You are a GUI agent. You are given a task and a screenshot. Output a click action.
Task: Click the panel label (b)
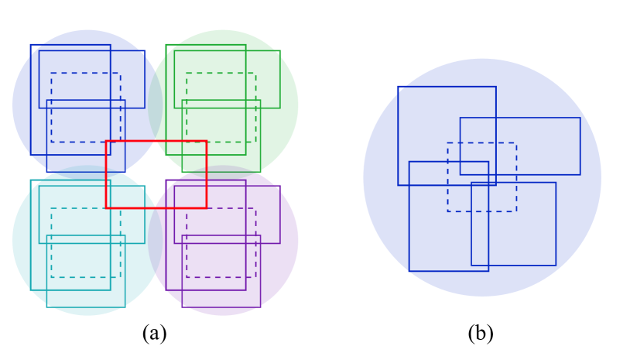(481, 334)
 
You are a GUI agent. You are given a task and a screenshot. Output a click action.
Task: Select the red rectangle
(156, 141)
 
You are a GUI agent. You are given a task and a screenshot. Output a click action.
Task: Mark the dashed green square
(221, 74)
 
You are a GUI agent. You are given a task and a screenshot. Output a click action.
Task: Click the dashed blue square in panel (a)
(85, 74)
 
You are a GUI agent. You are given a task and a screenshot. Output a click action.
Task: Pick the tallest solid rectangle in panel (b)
(409, 232)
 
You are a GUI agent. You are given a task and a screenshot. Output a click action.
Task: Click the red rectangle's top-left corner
(106, 141)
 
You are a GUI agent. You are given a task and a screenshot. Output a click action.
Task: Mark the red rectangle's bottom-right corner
(206, 207)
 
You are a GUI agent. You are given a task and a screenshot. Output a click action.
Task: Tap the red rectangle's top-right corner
(206, 141)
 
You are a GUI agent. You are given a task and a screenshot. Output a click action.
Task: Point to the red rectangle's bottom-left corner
(106, 207)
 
